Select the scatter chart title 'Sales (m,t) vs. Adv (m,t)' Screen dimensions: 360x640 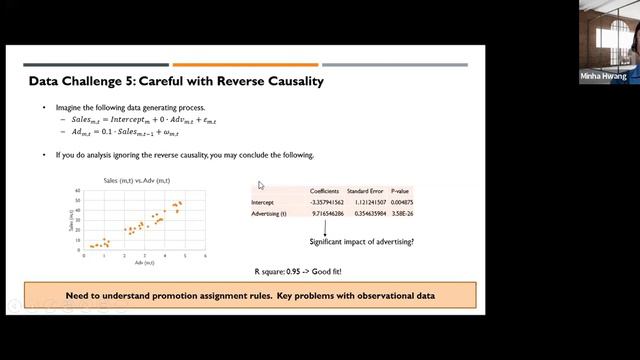141,180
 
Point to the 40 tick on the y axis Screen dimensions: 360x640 78,197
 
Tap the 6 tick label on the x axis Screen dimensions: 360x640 205,255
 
